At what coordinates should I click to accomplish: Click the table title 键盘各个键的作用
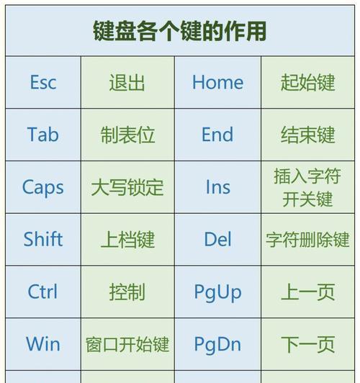pos(179,31)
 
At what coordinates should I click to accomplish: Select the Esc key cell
pos(43,82)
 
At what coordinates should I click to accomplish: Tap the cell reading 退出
pos(127,83)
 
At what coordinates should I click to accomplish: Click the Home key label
pos(217,82)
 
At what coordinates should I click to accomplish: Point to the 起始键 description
pos(307,83)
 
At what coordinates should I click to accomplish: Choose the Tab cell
pos(43,135)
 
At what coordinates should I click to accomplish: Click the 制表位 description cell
pos(127,135)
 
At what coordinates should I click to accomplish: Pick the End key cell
pos(217,135)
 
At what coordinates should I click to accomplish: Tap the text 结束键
pos(307,135)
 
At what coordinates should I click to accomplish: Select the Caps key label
pos(43,188)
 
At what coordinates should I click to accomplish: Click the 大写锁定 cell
pos(127,187)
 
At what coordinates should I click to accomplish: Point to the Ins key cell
pos(218,187)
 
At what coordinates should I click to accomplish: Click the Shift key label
pos(43,239)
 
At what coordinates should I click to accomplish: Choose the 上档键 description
pos(127,240)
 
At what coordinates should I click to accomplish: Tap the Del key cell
pos(217,239)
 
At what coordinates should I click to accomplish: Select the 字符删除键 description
pos(307,240)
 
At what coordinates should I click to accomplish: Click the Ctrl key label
pos(42,292)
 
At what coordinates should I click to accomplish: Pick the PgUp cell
pos(218,292)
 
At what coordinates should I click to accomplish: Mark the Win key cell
pos(43,344)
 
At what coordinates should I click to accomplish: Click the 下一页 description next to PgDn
pos(307,344)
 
